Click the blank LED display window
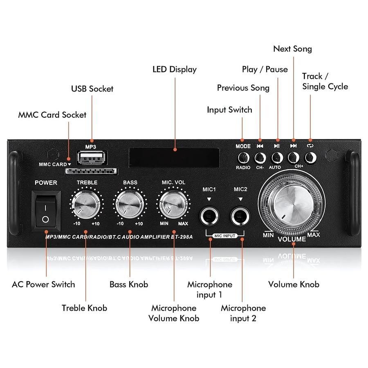175,156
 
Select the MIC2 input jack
241,215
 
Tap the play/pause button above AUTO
277,157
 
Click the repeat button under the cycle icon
310,157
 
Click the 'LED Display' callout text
175,69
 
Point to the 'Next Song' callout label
292,49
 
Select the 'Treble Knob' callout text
84,308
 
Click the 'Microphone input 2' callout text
243,313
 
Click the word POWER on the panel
46,182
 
